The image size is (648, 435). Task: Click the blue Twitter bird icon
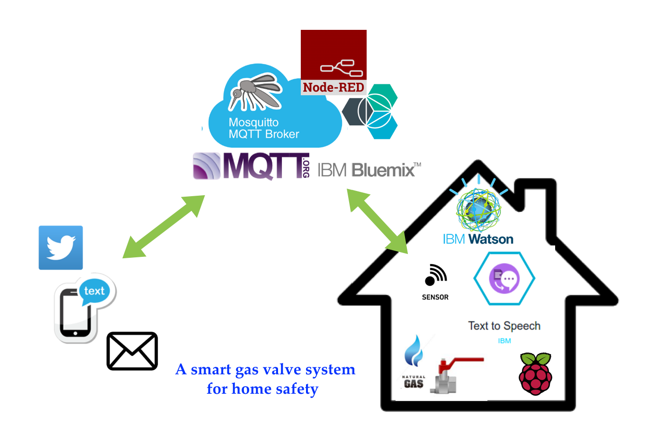pyautogui.click(x=61, y=247)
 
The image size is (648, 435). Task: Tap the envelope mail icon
pyautogui.click(x=132, y=351)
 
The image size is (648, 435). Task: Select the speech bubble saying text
pyautogui.click(x=94, y=290)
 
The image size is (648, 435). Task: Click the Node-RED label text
pyautogui.click(x=333, y=88)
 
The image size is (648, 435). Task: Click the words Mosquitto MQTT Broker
pyautogui.click(x=263, y=128)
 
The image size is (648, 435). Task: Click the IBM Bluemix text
pyautogui.click(x=369, y=170)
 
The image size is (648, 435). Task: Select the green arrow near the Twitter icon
pyautogui.click(x=164, y=227)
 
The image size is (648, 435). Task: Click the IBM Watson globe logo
pyautogui.click(x=478, y=208)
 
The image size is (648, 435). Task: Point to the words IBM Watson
pyautogui.click(x=478, y=239)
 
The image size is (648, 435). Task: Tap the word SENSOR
pyautogui.click(x=435, y=297)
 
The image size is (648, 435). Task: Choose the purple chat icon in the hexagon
pyautogui.click(x=505, y=279)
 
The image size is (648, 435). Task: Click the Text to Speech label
pyautogui.click(x=504, y=326)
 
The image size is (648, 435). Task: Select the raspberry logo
pyautogui.click(x=536, y=374)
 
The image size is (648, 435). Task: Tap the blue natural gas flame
pyautogui.click(x=414, y=351)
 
